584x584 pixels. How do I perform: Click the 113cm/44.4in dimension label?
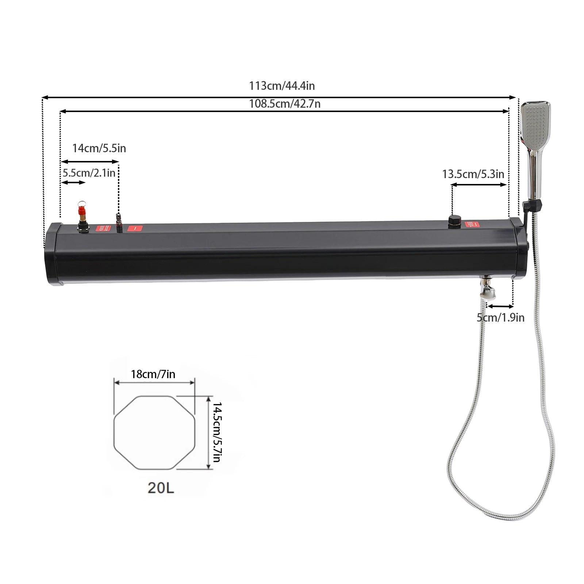tap(282, 86)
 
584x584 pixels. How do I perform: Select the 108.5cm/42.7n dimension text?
tap(285, 104)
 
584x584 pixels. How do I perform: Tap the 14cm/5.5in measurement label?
tap(99, 148)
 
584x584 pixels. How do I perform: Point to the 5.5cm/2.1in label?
tap(89, 173)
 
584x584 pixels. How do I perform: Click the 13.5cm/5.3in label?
tap(473, 174)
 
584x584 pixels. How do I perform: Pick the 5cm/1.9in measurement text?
tap(500, 318)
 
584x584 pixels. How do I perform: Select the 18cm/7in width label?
tap(153, 374)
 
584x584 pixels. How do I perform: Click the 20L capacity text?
tap(161, 488)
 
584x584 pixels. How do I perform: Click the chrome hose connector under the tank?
tap(488, 289)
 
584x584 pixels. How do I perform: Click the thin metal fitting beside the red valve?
tap(118, 222)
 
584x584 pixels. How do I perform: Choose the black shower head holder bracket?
tap(527, 208)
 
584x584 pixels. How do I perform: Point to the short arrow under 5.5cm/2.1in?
tap(73, 182)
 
